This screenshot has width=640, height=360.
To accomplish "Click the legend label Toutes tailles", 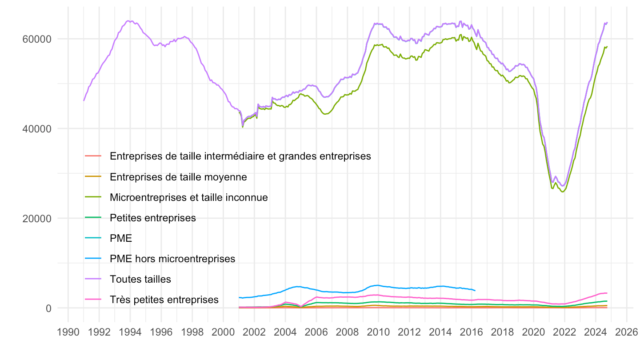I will click(140, 279).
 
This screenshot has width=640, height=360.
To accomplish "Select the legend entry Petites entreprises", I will click(153, 218).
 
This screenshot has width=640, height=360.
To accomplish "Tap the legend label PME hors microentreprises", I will click(172, 259).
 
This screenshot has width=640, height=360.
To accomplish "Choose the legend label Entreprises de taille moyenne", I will click(178, 177).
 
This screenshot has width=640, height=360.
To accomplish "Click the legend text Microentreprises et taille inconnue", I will click(189, 197).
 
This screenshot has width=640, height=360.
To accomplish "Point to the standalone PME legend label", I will click(121, 238).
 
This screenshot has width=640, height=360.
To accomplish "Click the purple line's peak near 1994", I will click(129, 20).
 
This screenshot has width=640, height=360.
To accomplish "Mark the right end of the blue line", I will click(475, 290).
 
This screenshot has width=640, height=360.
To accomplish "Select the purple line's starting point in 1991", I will click(84, 100).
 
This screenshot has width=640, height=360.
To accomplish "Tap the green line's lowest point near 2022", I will click(563, 192).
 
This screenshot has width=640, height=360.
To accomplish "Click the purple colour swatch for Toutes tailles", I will click(93, 279).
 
